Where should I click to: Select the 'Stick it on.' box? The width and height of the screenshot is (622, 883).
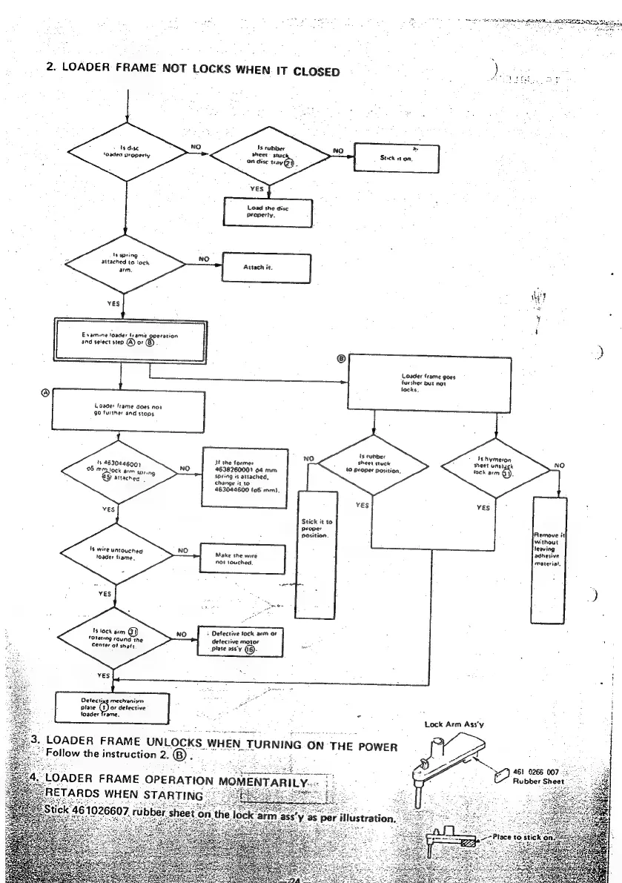398,157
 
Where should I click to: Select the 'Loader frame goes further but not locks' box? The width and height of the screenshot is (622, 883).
430,381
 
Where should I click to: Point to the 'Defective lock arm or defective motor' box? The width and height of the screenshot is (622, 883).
243,640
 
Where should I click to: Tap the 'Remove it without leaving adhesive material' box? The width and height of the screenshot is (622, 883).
550,560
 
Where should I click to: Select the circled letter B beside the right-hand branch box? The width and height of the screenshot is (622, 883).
342,358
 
